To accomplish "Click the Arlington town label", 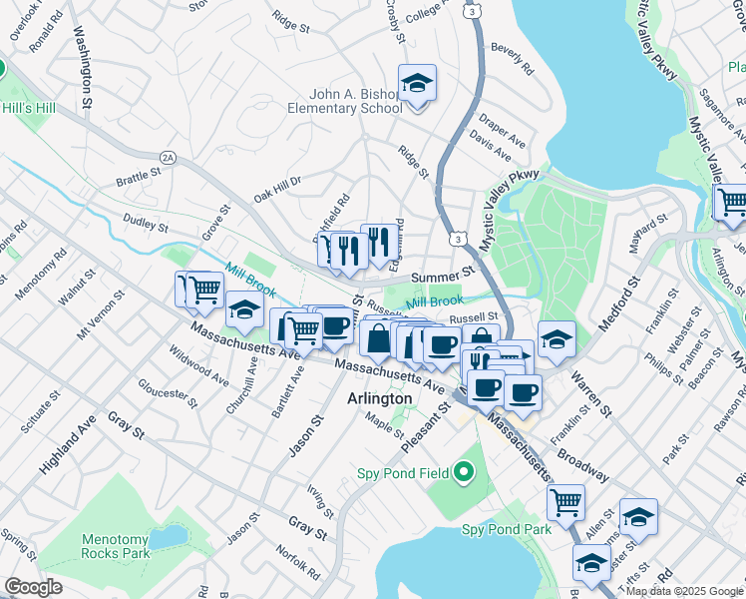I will [379, 398].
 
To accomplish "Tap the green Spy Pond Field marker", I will [462, 470].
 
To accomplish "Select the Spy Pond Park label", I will [506, 529].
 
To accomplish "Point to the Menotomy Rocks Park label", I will [115, 545].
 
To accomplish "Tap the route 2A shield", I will [168, 157].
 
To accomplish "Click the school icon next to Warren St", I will [557, 339].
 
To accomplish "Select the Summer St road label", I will [441, 275].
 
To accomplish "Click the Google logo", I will [33, 587].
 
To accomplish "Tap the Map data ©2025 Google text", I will [684, 591].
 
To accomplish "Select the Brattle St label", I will [138, 177].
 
